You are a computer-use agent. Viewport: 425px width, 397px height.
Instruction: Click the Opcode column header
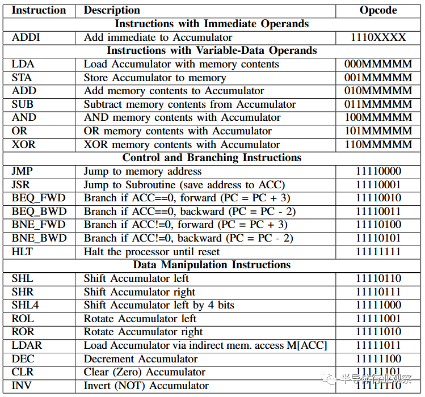(378, 10)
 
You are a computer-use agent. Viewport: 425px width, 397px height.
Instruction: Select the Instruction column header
(39, 10)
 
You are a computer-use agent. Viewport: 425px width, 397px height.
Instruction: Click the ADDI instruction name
(27, 37)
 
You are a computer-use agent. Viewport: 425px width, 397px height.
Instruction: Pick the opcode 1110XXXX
(378, 37)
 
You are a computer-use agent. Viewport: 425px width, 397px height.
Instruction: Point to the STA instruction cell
(23, 78)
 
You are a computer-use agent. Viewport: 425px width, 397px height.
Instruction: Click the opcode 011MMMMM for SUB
(378, 104)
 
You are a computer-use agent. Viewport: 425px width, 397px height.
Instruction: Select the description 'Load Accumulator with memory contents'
(181, 64)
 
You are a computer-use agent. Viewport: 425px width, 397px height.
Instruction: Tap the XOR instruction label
(24, 145)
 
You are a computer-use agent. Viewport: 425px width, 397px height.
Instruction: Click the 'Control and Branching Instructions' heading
(212, 158)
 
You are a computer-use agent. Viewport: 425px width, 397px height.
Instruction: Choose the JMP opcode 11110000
(378, 171)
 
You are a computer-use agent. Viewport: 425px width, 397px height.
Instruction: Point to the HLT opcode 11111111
(378, 252)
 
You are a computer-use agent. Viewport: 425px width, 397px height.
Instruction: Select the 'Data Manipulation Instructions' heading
(212, 265)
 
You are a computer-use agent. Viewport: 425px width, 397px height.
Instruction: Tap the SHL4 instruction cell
(26, 305)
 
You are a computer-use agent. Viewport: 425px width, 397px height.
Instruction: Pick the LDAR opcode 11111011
(378, 345)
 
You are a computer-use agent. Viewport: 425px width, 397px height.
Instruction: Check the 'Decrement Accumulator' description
(141, 359)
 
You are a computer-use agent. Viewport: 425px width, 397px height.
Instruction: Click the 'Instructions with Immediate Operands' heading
(212, 24)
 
